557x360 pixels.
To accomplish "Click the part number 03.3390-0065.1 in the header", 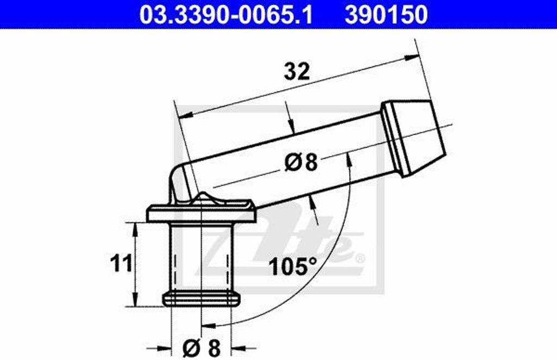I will tap(226, 15).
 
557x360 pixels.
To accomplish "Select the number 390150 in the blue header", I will tap(386, 15).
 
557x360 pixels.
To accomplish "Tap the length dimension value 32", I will tap(297, 71).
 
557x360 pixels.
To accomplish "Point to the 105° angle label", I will tap(293, 266).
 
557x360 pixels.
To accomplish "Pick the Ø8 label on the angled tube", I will tap(301, 163).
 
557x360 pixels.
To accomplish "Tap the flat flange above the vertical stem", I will tap(201, 212).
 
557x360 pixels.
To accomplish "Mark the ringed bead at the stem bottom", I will tap(201, 299).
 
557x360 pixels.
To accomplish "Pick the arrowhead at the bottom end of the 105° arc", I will tap(207, 326).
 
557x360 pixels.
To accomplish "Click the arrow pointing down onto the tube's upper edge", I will tap(290, 127).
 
